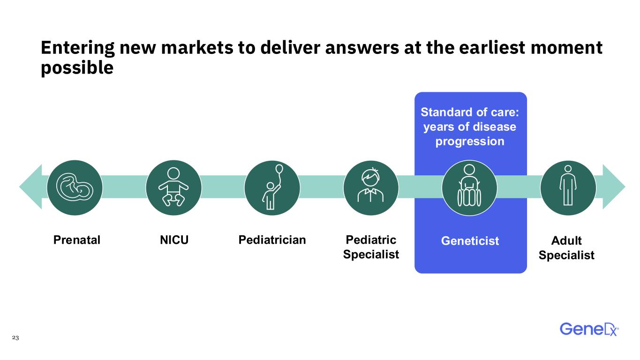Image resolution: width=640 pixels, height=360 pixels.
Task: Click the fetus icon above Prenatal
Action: point(75,187)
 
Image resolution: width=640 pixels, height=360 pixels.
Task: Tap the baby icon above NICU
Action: point(173,187)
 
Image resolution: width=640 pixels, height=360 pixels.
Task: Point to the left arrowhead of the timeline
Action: point(30,187)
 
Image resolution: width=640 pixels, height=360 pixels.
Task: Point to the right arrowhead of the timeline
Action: point(614,187)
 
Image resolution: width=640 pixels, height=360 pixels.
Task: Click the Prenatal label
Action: point(77,240)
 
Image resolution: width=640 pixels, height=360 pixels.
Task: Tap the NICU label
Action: point(174,240)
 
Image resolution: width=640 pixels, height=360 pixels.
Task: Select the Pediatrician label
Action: point(272,240)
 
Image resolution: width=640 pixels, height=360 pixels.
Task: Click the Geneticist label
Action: point(470,241)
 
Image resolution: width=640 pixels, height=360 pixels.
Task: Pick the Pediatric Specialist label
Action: point(371,247)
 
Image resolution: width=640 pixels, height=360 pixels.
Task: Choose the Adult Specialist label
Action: point(566,247)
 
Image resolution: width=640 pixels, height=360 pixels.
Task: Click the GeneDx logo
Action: point(589,330)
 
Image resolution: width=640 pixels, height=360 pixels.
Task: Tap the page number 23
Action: point(15,337)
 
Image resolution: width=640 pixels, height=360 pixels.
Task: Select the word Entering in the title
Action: point(78,48)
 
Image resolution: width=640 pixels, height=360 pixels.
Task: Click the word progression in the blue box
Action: point(470,142)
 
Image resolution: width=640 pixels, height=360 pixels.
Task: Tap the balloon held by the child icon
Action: point(279,169)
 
